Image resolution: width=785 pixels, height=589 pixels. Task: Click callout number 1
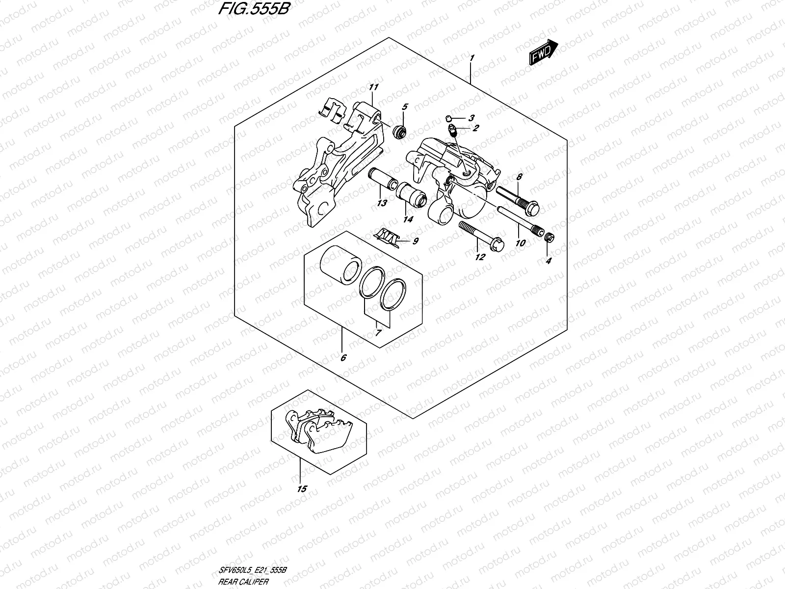471,58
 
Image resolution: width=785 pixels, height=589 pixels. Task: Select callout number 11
374,88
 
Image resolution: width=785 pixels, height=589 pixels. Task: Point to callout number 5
405,107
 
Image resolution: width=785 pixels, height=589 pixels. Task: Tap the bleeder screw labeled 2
454,131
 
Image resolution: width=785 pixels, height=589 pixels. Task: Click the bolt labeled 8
518,198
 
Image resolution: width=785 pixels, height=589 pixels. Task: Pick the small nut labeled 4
549,238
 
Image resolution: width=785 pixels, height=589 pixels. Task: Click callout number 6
343,358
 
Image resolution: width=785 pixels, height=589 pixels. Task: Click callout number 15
302,489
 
